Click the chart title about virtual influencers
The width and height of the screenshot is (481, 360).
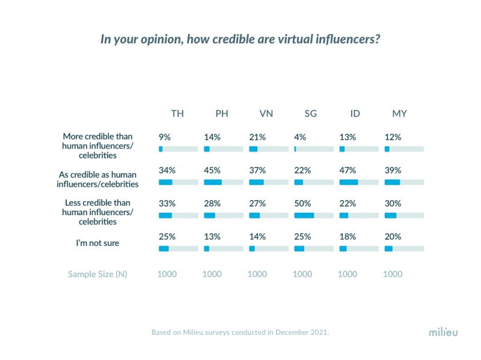tap(240, 39)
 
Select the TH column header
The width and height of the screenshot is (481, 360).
tap(177, 114)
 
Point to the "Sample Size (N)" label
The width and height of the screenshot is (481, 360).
tap(97, 274)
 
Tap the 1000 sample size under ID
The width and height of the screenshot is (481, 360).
tap(347, 274)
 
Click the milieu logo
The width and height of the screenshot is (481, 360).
tap(443, 332)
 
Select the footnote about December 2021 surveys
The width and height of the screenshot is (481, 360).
tap(240, 332)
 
